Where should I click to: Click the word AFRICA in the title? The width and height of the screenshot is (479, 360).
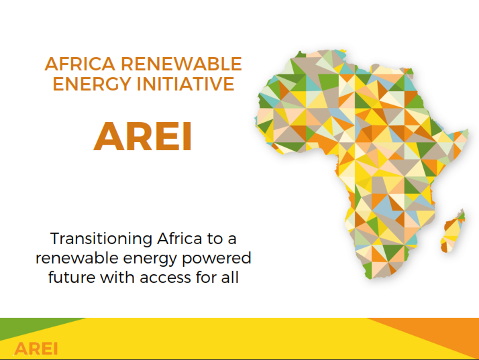[x=80, y=64]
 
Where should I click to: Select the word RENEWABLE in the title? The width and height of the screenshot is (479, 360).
[x=181, y=64]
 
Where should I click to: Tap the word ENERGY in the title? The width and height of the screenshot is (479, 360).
[x=92, y=84]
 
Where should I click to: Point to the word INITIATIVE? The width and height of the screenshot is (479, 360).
[x=185, y=84]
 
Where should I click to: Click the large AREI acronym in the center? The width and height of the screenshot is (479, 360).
[x=143, y=136]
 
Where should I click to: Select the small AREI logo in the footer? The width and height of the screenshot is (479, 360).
[x=36, y=349]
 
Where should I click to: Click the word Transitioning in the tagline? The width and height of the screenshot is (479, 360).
[x=101, y=239]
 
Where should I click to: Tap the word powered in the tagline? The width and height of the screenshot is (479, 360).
[x=217, y=259]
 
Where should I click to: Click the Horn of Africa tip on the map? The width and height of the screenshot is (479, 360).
[x=468, y=132]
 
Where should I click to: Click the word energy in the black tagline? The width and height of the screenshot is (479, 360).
[x=150, y=259]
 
